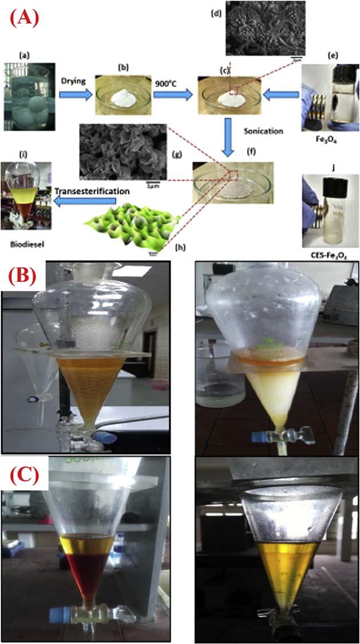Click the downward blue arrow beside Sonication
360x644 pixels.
pyautogui.click(x=229, y=137)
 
